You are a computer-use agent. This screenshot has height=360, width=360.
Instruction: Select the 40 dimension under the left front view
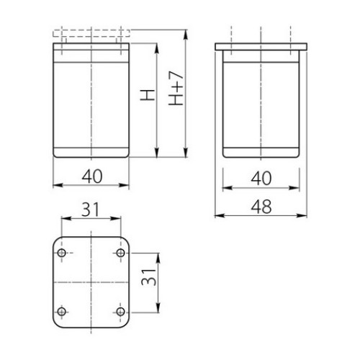[91, 175]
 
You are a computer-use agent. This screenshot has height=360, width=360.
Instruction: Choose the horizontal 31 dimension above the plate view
[91, 210]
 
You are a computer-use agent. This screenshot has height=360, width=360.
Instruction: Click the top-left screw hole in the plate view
[62, 254]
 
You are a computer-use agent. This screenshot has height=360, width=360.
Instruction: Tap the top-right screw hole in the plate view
[119, 254]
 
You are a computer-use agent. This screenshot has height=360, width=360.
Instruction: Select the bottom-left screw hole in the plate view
[62, 310]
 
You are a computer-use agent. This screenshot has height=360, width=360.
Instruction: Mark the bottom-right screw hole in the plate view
[119, 310]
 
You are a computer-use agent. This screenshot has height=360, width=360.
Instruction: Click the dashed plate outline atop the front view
[91, 32]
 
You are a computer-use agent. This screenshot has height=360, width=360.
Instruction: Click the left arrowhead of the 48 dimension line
[218, 215]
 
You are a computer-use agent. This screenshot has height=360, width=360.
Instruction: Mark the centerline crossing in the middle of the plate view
[91, 282]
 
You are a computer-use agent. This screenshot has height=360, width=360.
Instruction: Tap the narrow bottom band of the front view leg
[91, 153]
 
